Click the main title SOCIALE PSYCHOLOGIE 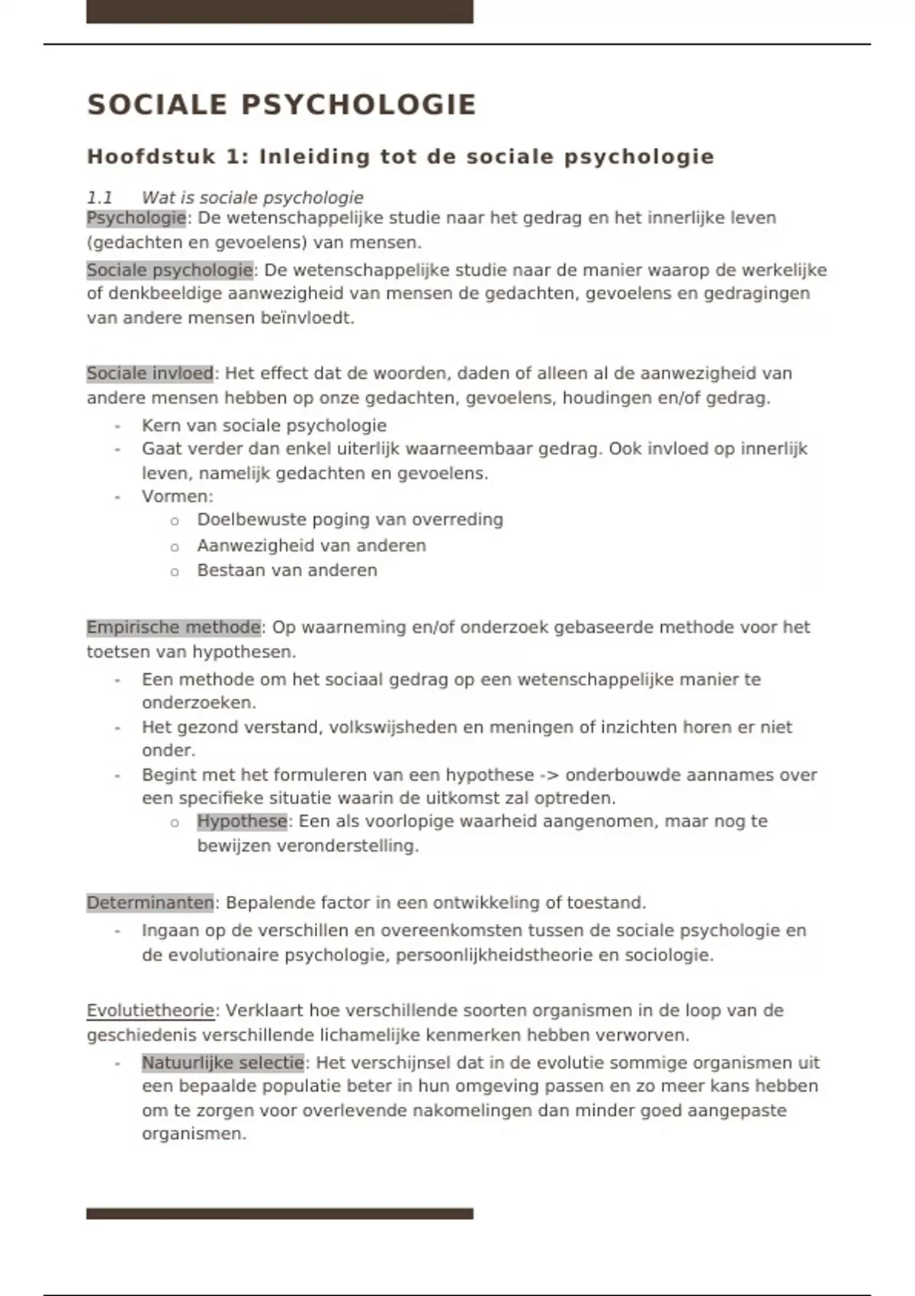(x=281, y=104)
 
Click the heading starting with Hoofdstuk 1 (x=400, y=156)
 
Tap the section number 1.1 (x=99, y=197)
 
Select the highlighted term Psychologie (x=136, y=218)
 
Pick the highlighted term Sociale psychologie (x=169, y=270)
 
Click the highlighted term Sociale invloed (x=149, y=374)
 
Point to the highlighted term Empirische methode (x=173, y=627)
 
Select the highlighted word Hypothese (x=242, y=821)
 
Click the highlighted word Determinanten (x=149, y=903)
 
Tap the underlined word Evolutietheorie (x=150, y=1011)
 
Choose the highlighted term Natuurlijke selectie (x=223, y=1063)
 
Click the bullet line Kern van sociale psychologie (x=264, y=425)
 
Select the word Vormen (x=175, y=496)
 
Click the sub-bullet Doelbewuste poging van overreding (x=350, y=520)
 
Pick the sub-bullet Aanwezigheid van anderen (x=311, y=546)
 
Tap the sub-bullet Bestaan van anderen (x=287, y=570)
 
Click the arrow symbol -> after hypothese (x=549, y=775)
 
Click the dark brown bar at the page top (x=279, y=11)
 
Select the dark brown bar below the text (x=279, y=1214)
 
